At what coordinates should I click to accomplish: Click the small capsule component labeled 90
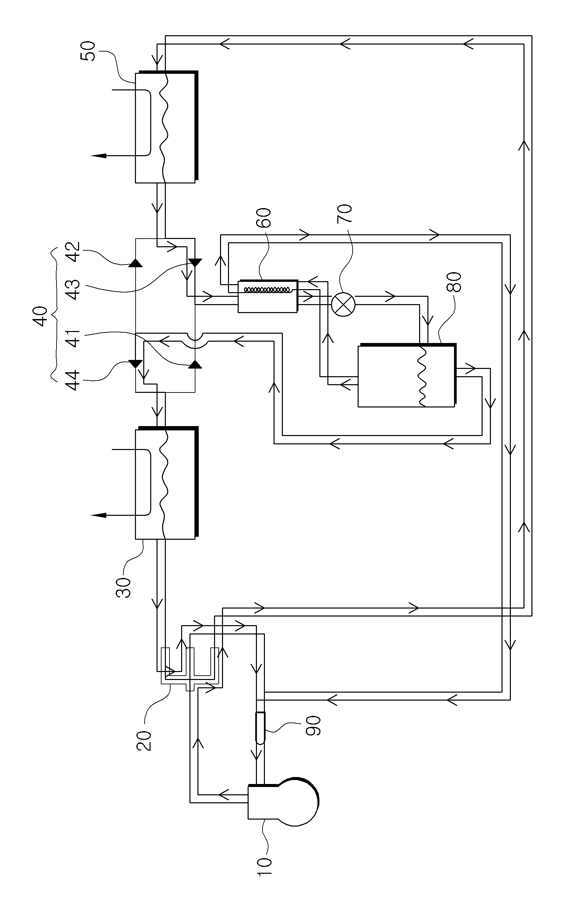[260, 727]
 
